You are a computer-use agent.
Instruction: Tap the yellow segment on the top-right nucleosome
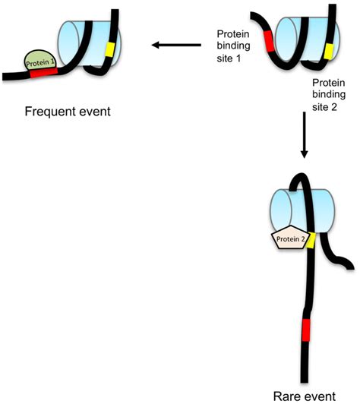(328, 52)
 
